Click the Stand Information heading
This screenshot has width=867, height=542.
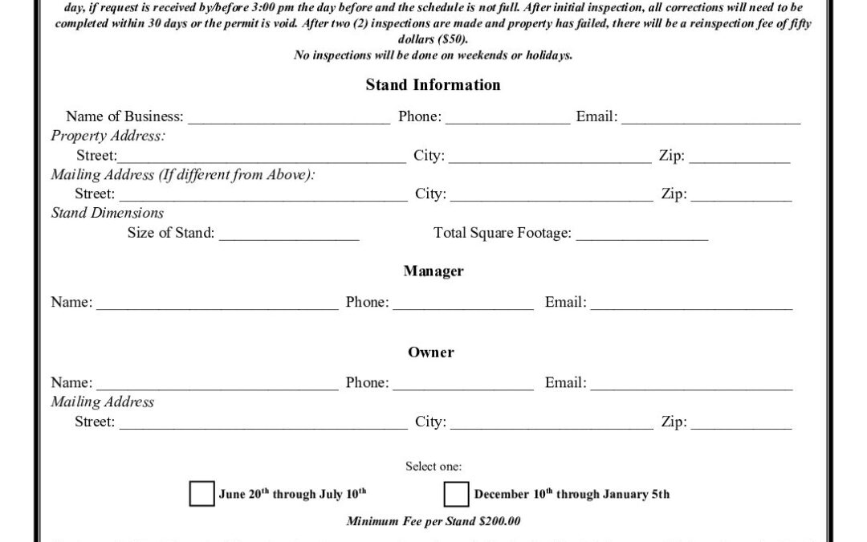(433, 85)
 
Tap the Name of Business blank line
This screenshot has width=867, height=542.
(289, 119)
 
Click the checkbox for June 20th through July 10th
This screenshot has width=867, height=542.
(201, 494)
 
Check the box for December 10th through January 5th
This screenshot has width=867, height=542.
(456, 494)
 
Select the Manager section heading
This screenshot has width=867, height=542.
(433, 271)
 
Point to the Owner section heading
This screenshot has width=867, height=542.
(431, 353)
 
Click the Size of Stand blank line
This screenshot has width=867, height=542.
(288, 235)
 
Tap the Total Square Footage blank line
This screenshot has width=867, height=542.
(641, 235)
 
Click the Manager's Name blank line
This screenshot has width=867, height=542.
(217, 304)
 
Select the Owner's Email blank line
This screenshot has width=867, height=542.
(691, 385)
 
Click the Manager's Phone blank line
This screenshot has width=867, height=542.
(463, 304)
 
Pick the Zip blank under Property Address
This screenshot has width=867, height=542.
(739, 158)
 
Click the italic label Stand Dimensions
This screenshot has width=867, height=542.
(108, 214)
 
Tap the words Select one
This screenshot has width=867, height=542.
(433, 467)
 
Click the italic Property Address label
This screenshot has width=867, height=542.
(108, 137)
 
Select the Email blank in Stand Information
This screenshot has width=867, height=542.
(710, 119)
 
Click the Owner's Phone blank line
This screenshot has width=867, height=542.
(463, 385)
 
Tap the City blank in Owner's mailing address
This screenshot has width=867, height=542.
(552, 424)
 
